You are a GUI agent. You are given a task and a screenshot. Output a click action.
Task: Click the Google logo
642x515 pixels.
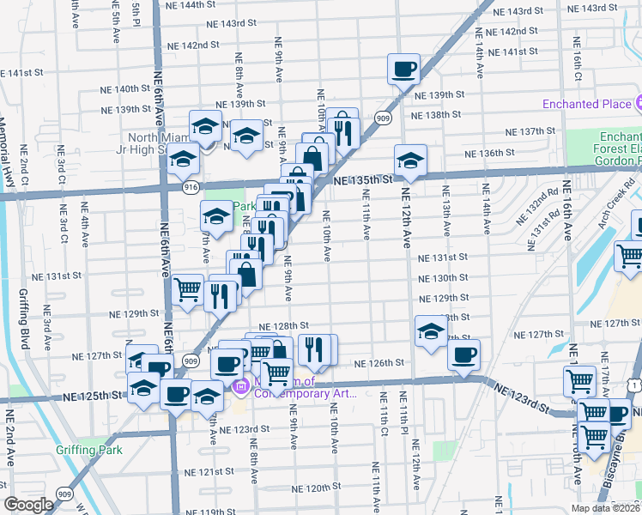point(28,505)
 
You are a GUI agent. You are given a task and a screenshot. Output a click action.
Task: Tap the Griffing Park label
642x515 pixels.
point(89,450)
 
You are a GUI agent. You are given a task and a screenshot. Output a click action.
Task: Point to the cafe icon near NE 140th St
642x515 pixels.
point(403,69)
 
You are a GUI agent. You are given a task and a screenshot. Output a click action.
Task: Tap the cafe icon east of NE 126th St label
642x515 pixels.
point(463,355)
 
